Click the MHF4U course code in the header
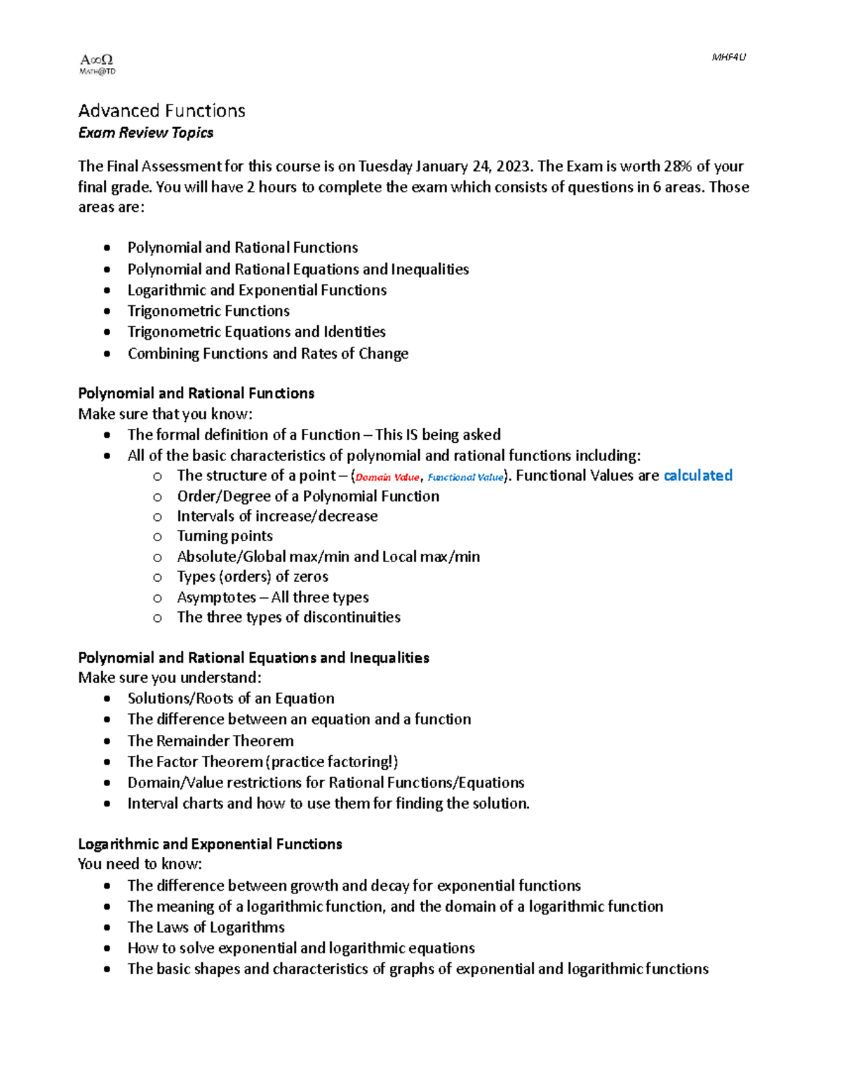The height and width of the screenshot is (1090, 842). tap(728, 58)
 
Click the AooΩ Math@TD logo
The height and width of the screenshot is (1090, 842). tap(97, 64)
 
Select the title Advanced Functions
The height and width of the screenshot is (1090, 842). tap(161, 111)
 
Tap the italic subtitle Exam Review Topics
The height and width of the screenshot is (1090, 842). tap(146, 133)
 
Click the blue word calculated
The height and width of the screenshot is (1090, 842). tap(697, 476)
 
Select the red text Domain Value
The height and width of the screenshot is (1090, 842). tap(387, 477)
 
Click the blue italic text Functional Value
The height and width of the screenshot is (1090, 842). tap(465, 477)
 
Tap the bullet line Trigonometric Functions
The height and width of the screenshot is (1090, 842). tap(208, 311)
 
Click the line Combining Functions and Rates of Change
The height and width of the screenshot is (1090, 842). tap(267, 354)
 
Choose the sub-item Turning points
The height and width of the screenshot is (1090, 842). tap(225, 536)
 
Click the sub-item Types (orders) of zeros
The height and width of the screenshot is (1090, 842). tap(253, 577)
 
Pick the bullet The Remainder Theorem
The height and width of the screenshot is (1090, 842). tap(210, 741)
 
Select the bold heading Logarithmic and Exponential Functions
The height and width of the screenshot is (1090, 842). tap(210, 844)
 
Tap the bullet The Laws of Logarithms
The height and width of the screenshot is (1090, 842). tap(206, 928)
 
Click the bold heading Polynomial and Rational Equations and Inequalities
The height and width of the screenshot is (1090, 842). tap(253, 658)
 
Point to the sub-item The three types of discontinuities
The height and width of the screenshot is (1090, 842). tap(288, 618)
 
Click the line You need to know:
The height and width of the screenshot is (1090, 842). tap(140, 864)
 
